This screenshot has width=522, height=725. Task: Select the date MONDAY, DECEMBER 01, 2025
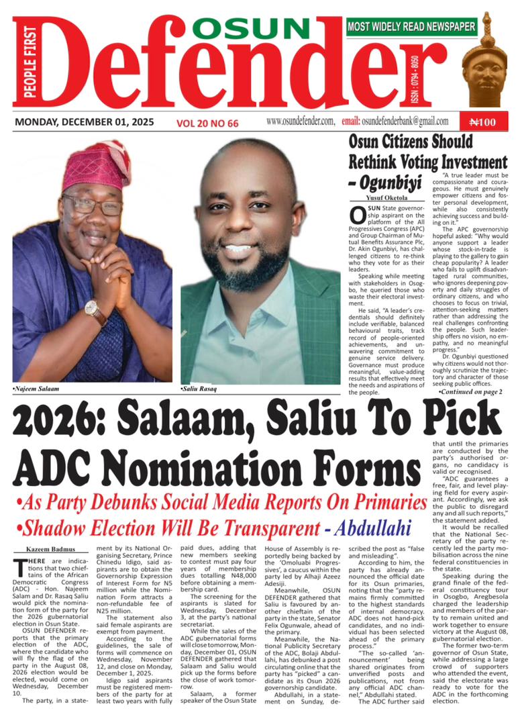point(84,122)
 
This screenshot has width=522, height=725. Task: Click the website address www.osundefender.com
point(300,121)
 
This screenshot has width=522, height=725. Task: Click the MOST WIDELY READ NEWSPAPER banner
point(411,27)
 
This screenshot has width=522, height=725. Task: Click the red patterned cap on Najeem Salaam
point(98,166)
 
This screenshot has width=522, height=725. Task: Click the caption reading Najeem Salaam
point(36,389)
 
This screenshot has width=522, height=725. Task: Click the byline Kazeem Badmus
point(38,550)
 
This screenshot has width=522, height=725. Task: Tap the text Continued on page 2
point(470,391)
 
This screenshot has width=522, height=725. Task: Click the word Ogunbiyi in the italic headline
point(398,181)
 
